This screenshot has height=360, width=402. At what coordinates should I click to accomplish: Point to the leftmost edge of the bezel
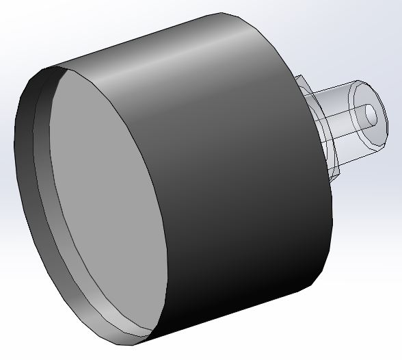click(x=16, y=144)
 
